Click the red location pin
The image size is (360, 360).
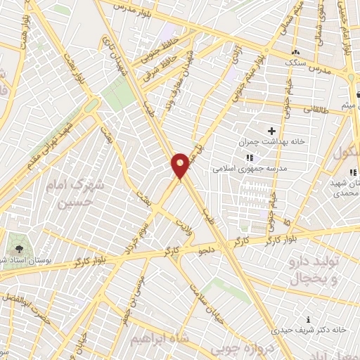pyautogui.click(x=181, y=166)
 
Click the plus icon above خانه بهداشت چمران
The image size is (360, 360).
pyautogui.click(x=272, y=130)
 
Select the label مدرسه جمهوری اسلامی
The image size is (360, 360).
pyautogui.click(x=241, y=169)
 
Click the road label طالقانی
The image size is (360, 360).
pyautogui.click(x=316, y=110)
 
